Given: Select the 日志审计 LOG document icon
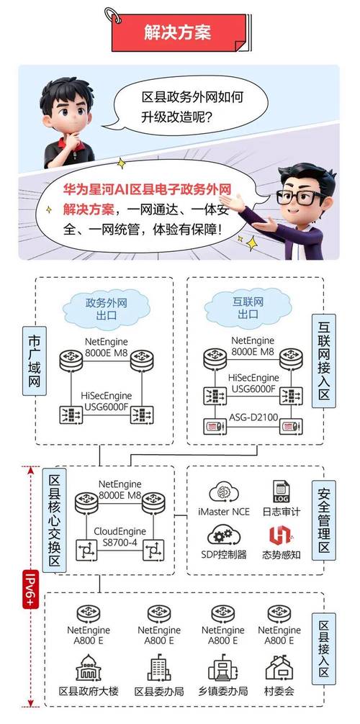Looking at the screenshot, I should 279,493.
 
